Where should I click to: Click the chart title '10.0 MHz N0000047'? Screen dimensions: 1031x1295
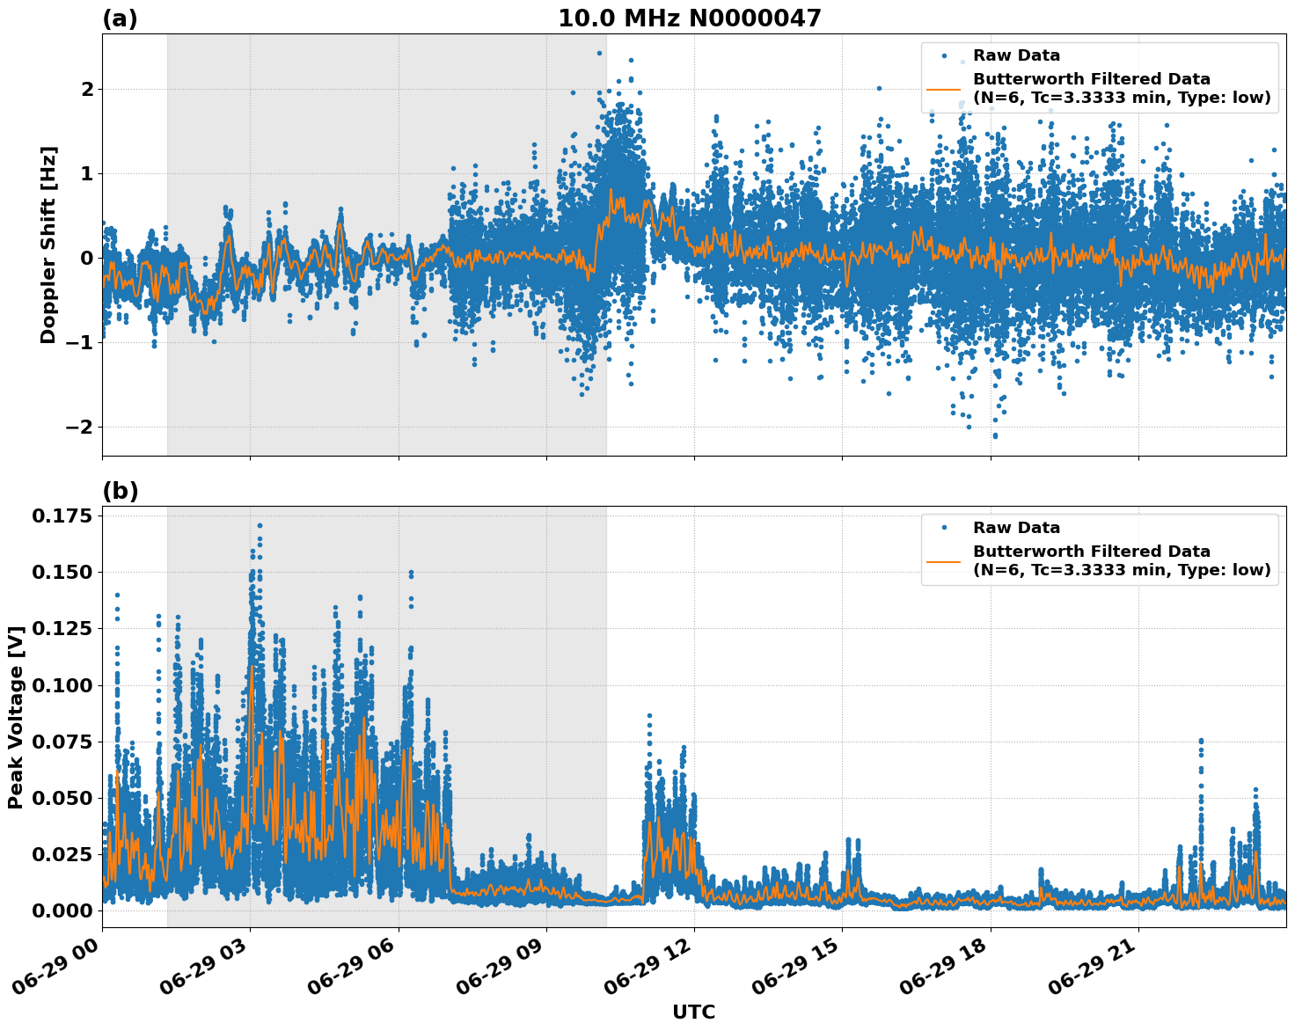point(689,18)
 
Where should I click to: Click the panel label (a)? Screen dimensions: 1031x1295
point(120,18)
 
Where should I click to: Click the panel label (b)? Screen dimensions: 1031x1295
point(120,491)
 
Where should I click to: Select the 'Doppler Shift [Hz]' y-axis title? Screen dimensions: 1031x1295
point(48,245)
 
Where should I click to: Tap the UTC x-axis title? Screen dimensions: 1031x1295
point(693,1012)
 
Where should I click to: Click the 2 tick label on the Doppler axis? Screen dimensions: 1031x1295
point(87,89)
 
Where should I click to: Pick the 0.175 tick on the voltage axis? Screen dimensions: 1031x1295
point(62,515)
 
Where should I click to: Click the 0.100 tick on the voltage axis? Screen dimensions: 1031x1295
point(62,685)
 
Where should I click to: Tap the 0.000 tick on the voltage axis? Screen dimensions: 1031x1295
point(62,910)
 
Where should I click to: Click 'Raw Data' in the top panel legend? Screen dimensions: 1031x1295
point(1016,56)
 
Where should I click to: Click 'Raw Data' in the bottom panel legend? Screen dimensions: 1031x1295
point(1016,528)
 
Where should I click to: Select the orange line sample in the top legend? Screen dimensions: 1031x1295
point(943,89)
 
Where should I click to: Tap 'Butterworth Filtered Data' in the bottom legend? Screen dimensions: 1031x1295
point(1091,552)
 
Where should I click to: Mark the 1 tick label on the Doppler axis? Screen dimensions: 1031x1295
point(87,173)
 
